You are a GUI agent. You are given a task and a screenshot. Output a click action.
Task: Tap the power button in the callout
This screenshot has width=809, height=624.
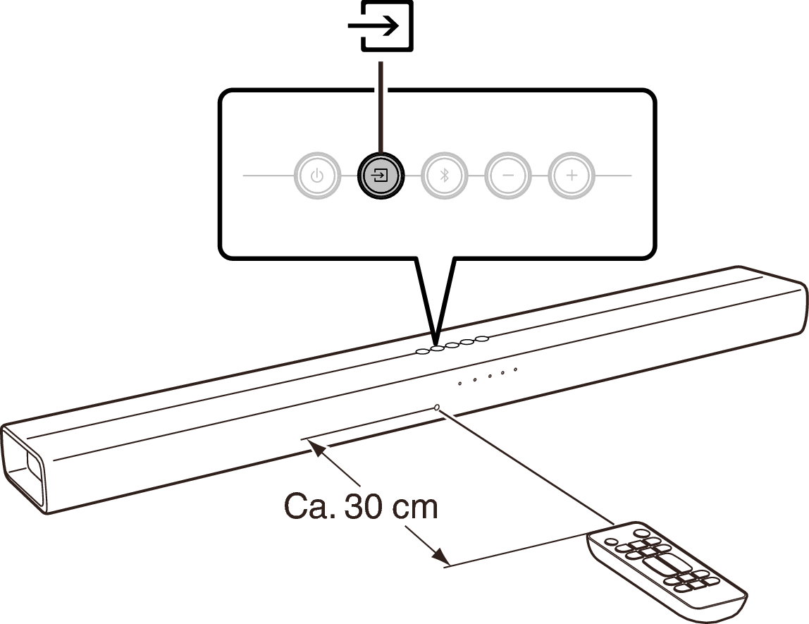pos(317,176)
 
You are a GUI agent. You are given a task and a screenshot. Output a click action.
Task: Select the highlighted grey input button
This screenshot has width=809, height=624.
pos(381,176)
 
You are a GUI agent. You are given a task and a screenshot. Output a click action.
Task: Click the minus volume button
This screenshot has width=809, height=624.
pos(508,176)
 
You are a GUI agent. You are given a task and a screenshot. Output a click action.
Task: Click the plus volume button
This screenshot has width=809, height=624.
pos(572,176)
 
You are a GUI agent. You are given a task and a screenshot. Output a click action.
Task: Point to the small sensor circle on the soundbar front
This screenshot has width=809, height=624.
pos(438,408)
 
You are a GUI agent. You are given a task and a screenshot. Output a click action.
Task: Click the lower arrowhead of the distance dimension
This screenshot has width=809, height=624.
pos(440,556)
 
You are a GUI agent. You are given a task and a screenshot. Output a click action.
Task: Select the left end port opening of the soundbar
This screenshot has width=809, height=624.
pos(23,467)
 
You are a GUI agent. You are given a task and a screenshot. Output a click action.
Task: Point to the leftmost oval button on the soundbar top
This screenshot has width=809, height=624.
pos(423,352)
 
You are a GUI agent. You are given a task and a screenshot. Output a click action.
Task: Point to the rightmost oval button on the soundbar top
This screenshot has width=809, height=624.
pos(482,338)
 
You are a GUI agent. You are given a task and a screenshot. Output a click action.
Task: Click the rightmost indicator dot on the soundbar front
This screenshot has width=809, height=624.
pos(515,369)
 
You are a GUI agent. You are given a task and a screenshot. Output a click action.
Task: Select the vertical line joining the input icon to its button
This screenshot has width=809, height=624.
pos(381,107)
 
